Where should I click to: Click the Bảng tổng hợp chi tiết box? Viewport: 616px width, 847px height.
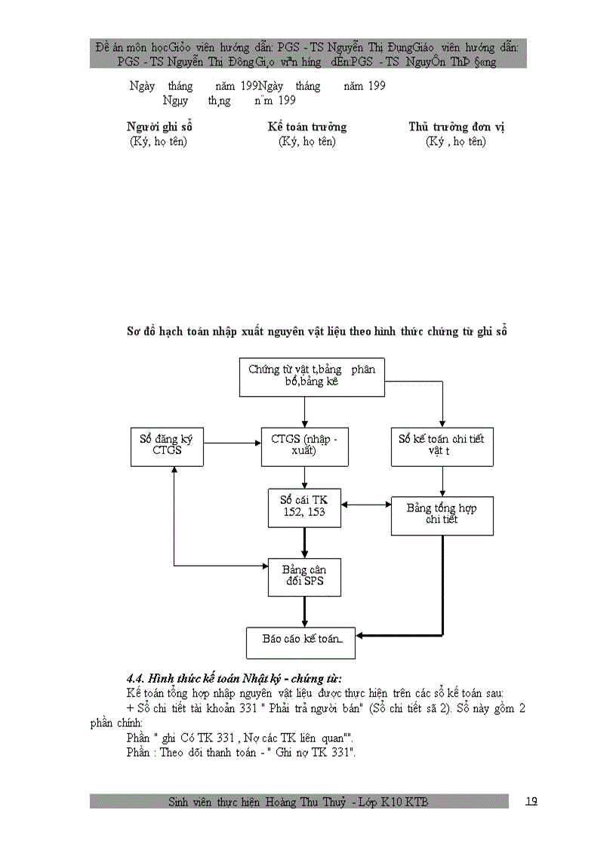tap(442, 515)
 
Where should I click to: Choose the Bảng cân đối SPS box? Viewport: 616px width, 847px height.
tap(304, 577)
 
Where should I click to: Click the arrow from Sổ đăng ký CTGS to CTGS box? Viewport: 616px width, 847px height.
tap(231, 443)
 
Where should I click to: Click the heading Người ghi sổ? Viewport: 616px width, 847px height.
tap(159, 127)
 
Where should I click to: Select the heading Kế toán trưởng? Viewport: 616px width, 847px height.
tap(306, 127)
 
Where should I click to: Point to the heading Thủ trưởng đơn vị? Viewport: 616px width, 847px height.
tap(456, 127)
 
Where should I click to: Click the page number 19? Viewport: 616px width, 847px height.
tap(531, 801)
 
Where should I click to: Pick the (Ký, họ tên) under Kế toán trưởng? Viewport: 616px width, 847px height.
tap(306, 141)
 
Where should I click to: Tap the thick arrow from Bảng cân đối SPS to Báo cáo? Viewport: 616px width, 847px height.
tap(304, 612)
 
